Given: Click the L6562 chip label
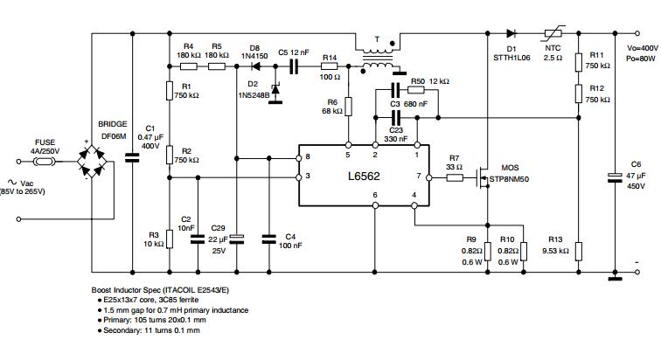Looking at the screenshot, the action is click(364, 176).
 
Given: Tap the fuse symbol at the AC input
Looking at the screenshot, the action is click(45, 162).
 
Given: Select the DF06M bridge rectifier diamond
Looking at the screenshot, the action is click(92, 162).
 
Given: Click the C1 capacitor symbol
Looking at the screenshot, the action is click(132, 158).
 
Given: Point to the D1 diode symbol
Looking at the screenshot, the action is click(511, 33).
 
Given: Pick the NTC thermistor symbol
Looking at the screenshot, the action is click(553, 33).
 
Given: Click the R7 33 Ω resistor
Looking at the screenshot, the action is click(455, 178).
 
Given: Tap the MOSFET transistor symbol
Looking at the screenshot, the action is click(483, 177).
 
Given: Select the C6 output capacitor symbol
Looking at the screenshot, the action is click(615, 177).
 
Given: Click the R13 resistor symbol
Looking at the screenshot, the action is click(579, 251).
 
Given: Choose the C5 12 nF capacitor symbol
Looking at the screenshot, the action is click(294, 66).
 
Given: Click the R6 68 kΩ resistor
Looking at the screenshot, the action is click(349, 106).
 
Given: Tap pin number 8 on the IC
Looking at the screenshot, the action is click(308, 156).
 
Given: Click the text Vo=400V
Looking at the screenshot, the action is click(642, 48).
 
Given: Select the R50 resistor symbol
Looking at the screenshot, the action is click(415, 89).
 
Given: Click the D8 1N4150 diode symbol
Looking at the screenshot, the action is click(256, 66).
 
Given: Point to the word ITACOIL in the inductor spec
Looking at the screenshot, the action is click(179, 290).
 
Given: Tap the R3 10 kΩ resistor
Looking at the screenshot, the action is click(170, 239).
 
